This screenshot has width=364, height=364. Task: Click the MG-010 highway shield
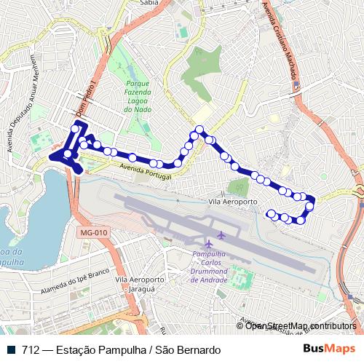pos(91,232)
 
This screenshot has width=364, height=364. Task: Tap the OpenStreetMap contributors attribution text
pos(300,325)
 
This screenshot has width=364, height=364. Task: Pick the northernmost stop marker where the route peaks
pos(196,131)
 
